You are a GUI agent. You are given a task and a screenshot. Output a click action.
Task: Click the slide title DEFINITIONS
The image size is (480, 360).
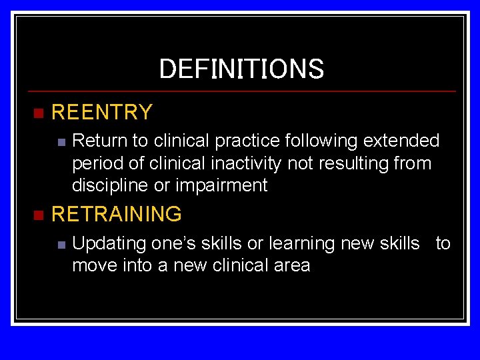pos(241,69)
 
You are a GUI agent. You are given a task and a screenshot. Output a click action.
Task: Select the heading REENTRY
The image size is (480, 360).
pos(102,112)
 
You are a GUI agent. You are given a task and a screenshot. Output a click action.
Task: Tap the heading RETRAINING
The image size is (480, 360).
pos(116,214)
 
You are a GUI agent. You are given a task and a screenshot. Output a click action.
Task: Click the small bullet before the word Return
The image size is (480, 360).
pos(61,142)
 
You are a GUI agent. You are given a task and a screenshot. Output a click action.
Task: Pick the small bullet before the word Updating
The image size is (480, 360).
pos(61,245)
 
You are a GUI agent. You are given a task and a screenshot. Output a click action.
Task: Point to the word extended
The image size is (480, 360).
pos(408,141)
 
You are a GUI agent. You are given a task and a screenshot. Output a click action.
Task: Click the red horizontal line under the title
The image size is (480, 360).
pos(241,91)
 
